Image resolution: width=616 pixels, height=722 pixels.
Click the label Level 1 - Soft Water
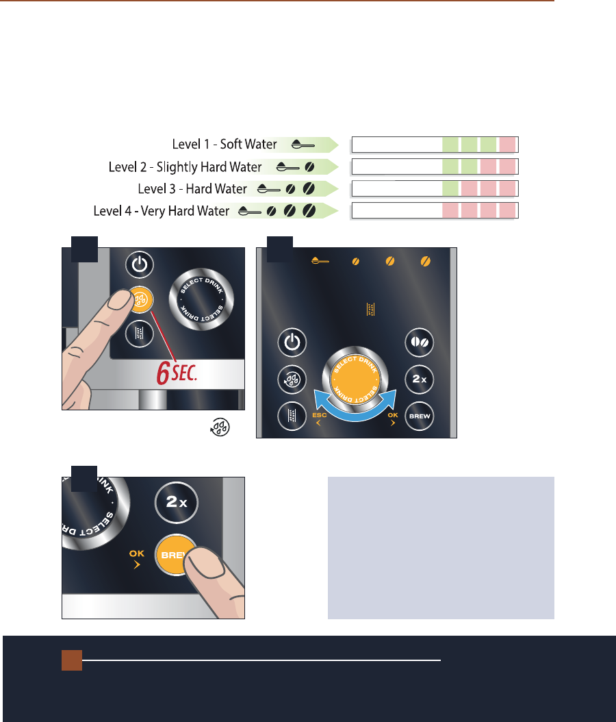point(224,144)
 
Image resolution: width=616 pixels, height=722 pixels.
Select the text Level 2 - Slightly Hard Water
point(185,166)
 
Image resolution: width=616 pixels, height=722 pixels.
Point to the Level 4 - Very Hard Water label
point(161,211)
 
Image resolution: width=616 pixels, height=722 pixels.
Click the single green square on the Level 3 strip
point(450,189)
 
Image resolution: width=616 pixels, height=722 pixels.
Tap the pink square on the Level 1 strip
point(507,145)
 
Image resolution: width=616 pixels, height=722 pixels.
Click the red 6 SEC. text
point(177,373)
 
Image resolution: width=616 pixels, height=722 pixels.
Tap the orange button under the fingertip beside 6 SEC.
point(141,300)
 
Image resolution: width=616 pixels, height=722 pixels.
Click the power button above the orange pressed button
point(140,264)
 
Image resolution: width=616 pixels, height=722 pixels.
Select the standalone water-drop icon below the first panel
point(220,427)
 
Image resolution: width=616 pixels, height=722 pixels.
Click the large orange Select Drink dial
point(355,379)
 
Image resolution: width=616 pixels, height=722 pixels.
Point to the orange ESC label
point(319,415)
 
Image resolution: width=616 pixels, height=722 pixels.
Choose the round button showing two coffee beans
point(419,342)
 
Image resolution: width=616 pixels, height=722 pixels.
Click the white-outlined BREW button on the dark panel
point(419,416)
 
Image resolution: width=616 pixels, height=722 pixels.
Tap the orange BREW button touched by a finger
point(174,555)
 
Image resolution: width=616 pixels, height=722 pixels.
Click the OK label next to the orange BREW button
point(137,553)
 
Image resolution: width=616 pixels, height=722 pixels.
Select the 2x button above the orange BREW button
point(176,502)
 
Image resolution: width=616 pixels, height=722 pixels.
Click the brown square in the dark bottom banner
point(72,660)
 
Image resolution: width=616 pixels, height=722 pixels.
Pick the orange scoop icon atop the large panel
point(320,261)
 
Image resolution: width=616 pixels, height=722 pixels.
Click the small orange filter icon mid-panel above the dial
point(370,310)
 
